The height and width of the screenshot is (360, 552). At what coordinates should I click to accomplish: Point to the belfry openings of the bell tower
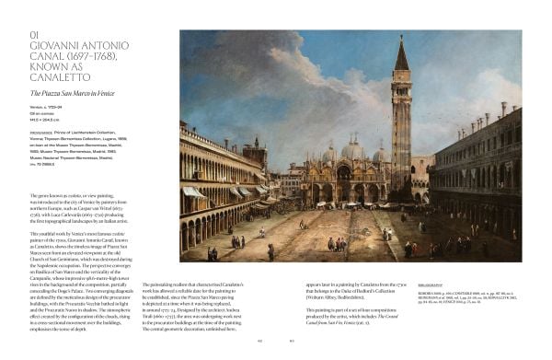point(402,96)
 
